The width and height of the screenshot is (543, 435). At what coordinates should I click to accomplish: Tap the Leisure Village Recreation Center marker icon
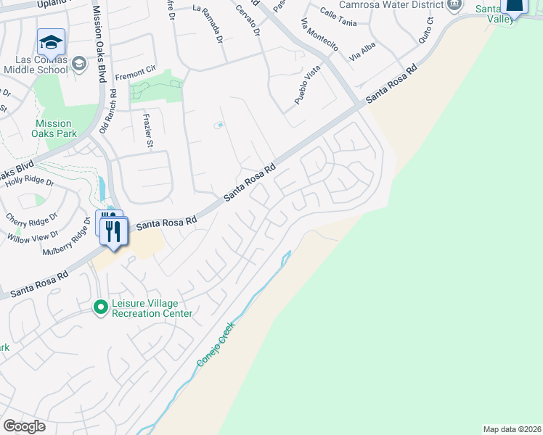102,308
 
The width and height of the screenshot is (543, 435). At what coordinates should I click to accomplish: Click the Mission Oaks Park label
53,128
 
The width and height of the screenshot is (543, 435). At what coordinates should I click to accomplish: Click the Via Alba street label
364,49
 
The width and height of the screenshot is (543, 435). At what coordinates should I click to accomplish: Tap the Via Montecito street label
319,33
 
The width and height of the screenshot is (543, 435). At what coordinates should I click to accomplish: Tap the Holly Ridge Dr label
30,183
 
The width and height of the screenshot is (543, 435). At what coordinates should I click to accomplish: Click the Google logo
24,426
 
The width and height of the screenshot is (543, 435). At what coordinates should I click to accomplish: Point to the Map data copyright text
513,429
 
